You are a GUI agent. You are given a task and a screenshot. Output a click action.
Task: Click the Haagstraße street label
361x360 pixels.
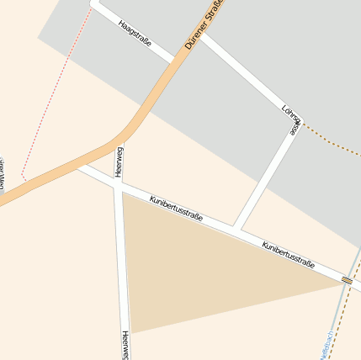tap(135, 33)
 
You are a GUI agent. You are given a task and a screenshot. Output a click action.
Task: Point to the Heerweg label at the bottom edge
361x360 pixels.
tap(125, 345)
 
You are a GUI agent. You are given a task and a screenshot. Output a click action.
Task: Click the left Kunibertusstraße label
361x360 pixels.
tap(176, 210)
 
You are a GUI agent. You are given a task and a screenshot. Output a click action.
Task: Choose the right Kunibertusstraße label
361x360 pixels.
tap(288, 256)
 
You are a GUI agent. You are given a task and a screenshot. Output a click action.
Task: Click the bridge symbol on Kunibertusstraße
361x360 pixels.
tap(347, 280)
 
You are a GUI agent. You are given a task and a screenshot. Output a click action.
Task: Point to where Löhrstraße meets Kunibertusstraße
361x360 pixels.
tap(236, 228)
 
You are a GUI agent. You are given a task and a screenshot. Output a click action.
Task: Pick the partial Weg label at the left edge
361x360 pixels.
tap(2, 168)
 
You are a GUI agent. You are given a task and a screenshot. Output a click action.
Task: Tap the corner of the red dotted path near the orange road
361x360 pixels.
tap(24, 177)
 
